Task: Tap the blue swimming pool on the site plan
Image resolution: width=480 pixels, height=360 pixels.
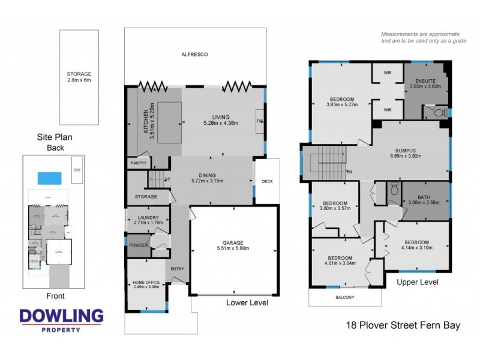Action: click(x=49, y=178)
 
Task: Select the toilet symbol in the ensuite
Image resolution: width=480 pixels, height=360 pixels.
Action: click(x=438, y=112)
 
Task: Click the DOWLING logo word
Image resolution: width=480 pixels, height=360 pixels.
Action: click(x=61, y=316)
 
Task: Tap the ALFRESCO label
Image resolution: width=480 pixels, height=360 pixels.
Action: click(x=194, y=55)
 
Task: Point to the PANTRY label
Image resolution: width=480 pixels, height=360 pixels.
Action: click(x=137, y=163)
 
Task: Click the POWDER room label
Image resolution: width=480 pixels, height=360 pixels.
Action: click(x=137, y=246)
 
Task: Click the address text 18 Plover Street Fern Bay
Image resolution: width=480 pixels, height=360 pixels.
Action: click(x=403, y=326)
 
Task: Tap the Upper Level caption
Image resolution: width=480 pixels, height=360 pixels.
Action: click(x=418, y=281)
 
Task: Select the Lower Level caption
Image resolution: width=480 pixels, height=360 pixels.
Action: click(x=247, y=302)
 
